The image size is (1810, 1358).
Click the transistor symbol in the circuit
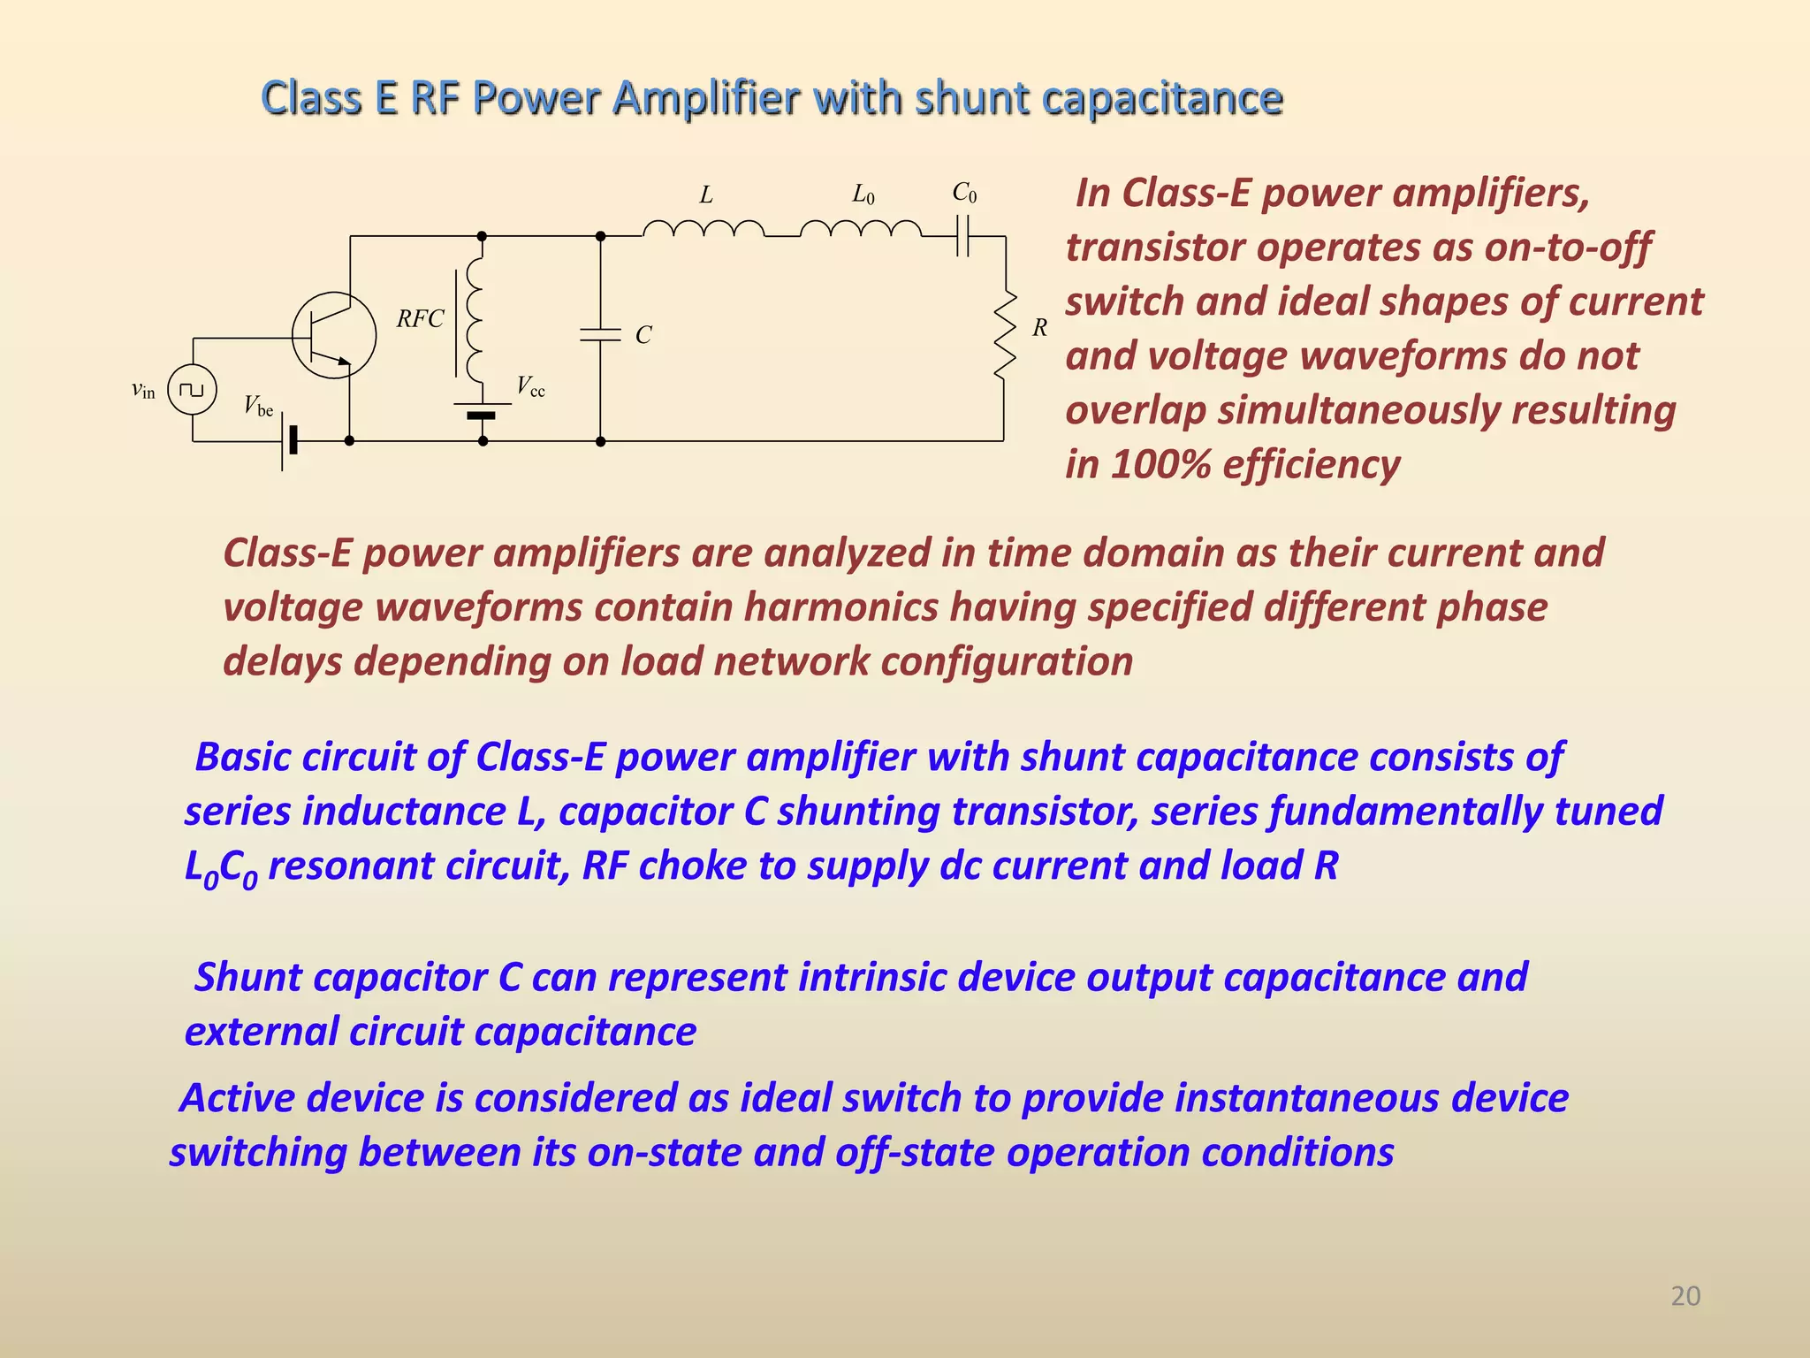coord(333,336)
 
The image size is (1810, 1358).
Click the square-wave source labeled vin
coord(193,389)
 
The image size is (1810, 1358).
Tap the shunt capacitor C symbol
coord(600,335)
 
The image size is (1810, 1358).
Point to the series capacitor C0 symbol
coord(963,236)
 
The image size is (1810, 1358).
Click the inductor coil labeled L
coord(703,230)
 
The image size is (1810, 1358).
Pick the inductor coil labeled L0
coord(861,230)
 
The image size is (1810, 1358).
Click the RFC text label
coord(420,319)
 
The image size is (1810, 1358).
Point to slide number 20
coord(1685,1296)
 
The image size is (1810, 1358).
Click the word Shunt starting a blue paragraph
coord(251,978)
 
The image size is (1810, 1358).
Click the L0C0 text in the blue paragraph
coord(220,867)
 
